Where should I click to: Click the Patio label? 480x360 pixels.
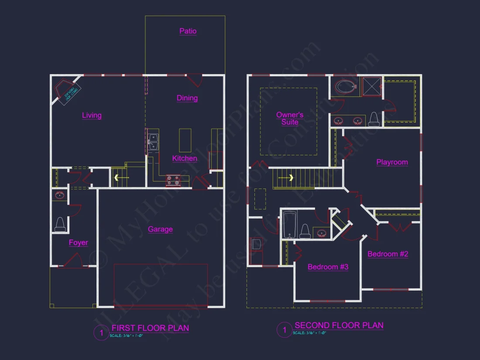tap(188, 31)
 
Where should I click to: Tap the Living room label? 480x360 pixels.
tap(92, 115)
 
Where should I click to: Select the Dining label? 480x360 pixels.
tap(187, 98)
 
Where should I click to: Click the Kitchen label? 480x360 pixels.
tap(185, 158)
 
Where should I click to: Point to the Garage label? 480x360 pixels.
tap(160, 229)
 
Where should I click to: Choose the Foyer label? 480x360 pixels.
tap(79, 243)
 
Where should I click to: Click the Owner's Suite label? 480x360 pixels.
tap(290, 119)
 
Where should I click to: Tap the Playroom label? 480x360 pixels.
tap(392, 162)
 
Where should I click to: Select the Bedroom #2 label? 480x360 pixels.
tap(388, 254)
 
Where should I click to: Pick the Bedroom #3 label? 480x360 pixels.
tap(328, 267)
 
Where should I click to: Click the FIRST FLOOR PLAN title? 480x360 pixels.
tap(150, 328)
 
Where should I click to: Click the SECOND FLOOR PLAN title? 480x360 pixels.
tap(339, 325)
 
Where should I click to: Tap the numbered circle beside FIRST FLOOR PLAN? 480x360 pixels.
tap(101, 333)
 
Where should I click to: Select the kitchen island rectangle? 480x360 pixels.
tap(185, 140)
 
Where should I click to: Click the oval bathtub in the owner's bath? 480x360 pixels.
tap(346, 87)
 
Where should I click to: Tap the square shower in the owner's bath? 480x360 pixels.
tap(373, 86)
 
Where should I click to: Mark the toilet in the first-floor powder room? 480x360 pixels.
tap(60, 225)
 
